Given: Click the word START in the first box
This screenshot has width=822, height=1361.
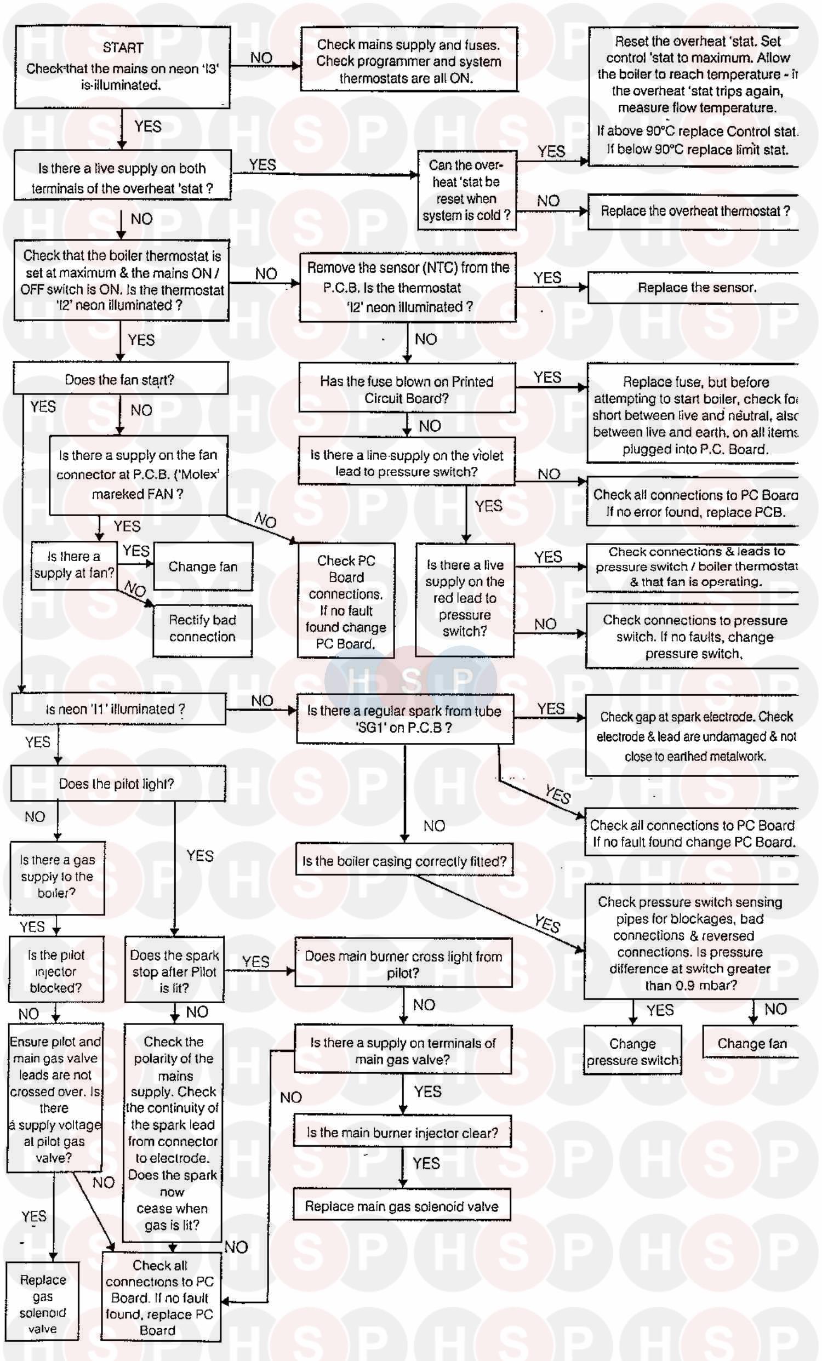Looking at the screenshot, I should tap(123, 48).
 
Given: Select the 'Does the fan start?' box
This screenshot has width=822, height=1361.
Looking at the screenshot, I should tap(120, 380).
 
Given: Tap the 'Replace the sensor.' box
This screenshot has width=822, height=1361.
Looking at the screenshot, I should tap(696, 287).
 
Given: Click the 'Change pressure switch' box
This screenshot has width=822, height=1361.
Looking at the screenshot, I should tap(632, 1051).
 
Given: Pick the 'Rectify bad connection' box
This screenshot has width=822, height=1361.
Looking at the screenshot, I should tap(202, 628).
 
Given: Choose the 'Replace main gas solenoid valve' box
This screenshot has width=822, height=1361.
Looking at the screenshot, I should tap(402, 1206).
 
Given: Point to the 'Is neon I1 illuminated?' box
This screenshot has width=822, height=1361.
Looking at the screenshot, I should tap(116, 708).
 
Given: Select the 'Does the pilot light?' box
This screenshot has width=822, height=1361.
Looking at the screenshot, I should tap(117, 784).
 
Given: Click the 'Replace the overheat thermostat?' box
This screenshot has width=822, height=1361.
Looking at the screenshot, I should tap(695, 211).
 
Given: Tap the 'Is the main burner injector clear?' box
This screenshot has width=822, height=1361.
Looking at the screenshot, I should tap(402, 1133).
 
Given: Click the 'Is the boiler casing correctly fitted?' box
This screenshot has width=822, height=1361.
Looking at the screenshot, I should tap(404, 861).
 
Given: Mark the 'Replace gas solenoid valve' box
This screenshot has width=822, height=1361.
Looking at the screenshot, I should tap(43, 1303).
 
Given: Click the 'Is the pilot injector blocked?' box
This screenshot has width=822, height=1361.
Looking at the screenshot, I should tap(56, 970).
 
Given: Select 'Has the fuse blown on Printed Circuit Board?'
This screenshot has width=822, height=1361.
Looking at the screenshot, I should tap(407, 389).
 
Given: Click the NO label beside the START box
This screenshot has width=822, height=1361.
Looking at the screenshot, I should tap(261, 58).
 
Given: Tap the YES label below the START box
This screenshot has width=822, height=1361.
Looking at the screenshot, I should tap(147, 127).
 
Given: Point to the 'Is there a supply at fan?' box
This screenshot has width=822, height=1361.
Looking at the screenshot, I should tap(74, 564).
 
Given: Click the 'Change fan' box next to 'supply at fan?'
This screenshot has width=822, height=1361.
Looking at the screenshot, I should tap(203, 567).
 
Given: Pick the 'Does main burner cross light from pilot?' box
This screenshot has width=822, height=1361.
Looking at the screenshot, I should tap(403, 964).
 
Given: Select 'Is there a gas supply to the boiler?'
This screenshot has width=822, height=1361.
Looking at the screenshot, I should tap(57, 876).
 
